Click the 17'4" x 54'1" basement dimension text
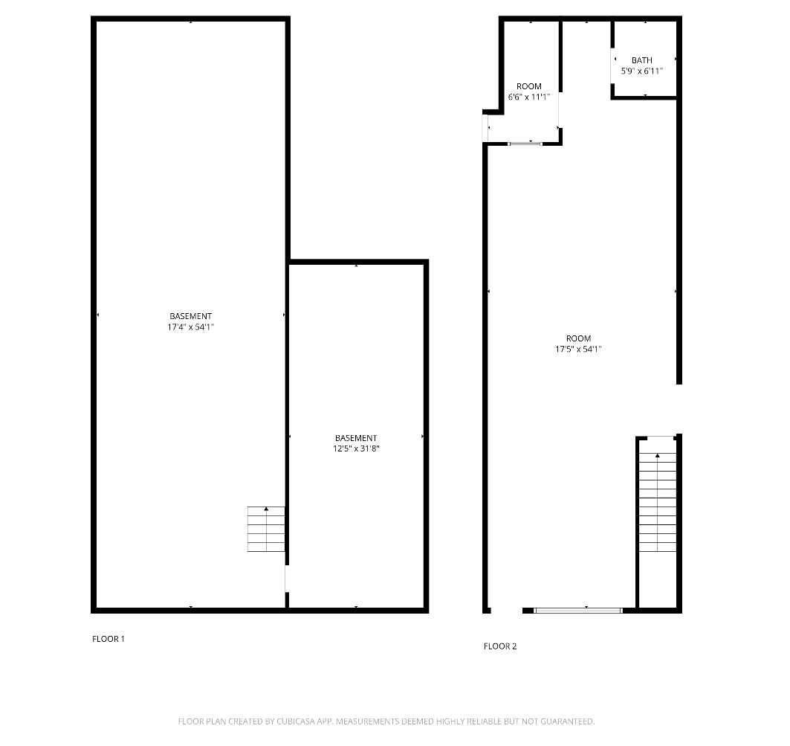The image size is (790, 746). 190,327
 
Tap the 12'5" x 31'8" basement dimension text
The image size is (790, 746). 356,448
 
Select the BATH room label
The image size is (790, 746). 642,60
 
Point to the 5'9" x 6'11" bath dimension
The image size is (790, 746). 642,71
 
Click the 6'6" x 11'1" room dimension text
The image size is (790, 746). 529,97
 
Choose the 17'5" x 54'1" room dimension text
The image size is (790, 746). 578,349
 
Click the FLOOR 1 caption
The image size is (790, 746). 109,639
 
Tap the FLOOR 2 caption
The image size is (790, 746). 500,646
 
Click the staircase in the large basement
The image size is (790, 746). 266,529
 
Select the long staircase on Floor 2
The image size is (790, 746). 658,502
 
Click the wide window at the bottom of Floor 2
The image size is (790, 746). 578,611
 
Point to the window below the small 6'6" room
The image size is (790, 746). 525,144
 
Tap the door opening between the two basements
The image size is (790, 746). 287,579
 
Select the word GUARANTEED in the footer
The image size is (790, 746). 568,721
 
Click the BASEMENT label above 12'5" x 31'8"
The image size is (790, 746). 356,438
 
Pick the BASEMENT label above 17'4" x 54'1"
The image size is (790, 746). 190,316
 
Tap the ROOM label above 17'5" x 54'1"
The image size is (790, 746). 578,338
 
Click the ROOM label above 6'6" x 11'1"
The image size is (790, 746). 529,86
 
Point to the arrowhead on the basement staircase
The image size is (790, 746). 266,509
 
